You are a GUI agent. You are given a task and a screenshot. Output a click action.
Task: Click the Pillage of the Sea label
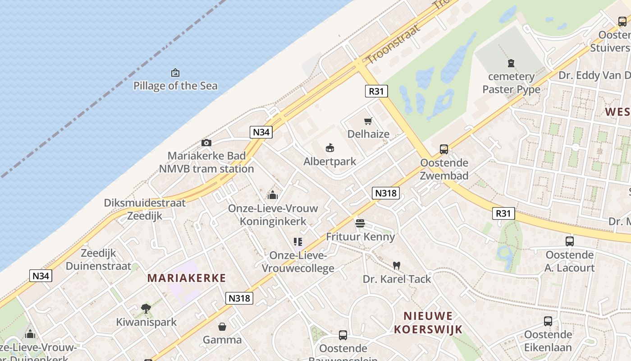pyautogui.click(x=175, y=86)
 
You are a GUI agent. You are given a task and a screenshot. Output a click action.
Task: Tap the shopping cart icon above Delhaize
pyautogui.click(x=368, y=121)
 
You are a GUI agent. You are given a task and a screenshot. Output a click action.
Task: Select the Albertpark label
pyautogui.click(x=330, y=162)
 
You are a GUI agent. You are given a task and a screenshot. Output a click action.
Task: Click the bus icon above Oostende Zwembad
pyautogui.click(x=444, y=149)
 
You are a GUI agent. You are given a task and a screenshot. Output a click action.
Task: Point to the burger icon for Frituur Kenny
pyautogui.click(x=360, y=223)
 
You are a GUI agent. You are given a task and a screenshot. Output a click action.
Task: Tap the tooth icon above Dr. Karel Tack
pyautogui.click(x=397, y=266)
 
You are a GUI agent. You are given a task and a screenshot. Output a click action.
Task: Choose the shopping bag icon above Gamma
pyautogui.click(x=222, y=326)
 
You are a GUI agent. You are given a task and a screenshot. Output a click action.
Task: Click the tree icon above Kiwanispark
pyautogui.click(x=146, y=309)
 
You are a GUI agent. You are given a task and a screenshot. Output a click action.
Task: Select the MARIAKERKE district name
pyautogui.click(x=186, y=278)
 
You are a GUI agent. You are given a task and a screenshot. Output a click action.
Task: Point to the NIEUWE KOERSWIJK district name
pyautogui.click(x=428, y=323)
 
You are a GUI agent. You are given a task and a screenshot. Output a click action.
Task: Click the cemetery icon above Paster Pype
pyautogui.click(x=511, y=63)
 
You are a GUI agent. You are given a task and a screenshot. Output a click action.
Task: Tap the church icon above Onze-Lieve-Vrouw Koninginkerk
pyautogui.click(x=272, y=195)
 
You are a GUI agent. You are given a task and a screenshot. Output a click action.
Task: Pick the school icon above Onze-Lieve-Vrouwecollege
pyautogui.click(x=297, y=242)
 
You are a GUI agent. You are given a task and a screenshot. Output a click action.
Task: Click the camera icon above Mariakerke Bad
pyautogui.click(x=206, y=143)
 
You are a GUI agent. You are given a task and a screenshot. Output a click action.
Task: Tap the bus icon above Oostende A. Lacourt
pyautogui.click(x=570, y=241)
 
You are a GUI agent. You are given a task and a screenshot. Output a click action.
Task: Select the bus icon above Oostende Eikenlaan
pyautogui.click(x=548, y=321)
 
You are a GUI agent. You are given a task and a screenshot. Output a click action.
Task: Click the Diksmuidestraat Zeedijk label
pyautogui.click(x=145, y=209)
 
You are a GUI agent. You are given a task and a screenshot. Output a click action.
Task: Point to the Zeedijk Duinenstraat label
pyautogui.click(x=99, y=259)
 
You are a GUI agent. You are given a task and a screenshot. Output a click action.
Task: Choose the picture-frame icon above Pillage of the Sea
pyautogui.click(x=175, y=73)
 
